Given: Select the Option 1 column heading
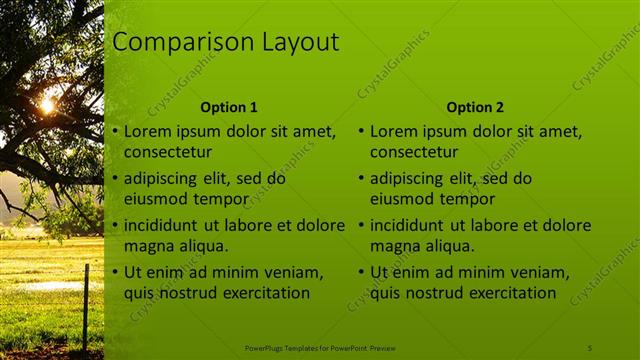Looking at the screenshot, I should [229, 107].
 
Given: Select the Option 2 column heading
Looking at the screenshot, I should [475, 107].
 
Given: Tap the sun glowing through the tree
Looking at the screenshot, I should [47, 104].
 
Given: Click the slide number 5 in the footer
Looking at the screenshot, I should [590, 346].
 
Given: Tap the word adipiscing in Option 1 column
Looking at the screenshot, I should [162, 179].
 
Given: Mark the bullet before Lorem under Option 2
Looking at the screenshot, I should [361, 132].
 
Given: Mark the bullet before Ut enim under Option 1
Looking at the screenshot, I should [115, 273].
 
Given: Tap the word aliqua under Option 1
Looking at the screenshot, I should [204, 245].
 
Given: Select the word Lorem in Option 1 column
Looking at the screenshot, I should [147, 131].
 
